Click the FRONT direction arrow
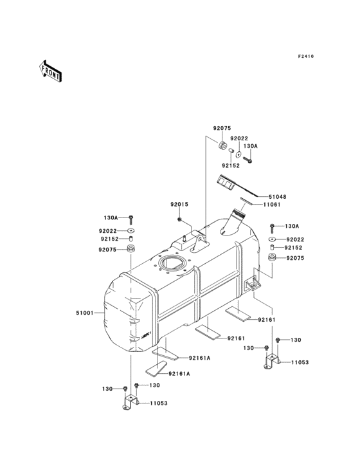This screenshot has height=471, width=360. [51, 70]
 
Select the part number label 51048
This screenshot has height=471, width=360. [278, 196]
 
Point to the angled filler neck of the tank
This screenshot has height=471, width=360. [233, 225]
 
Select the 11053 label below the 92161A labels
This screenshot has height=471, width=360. [159, 403]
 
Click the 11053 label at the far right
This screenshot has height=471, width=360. [300, 363]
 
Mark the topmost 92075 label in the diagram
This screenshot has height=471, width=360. [222, 128]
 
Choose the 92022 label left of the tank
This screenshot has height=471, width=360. [108, 231]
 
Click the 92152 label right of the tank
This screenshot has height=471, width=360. [294, 248]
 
